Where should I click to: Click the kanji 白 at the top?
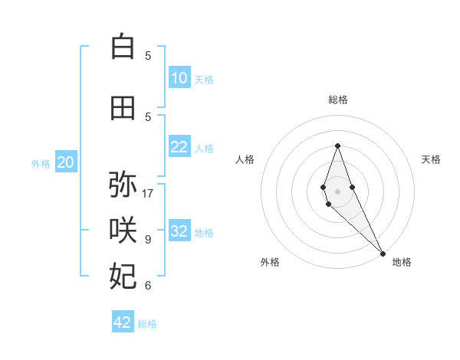123,47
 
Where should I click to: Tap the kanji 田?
123,108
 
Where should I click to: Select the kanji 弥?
123,185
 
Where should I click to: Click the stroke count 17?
148,194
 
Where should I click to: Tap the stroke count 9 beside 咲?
148,240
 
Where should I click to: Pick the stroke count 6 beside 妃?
148,286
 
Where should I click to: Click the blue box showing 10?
179,78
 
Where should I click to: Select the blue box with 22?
179,147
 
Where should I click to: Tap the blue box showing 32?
179,231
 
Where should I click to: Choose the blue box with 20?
66,162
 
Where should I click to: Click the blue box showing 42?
123,322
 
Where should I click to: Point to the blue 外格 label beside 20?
41,163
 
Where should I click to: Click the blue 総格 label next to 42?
147,324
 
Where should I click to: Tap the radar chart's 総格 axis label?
337,100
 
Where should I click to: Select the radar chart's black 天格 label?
431,159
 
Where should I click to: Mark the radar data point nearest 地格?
383,253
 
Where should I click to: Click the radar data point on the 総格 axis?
337,146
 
